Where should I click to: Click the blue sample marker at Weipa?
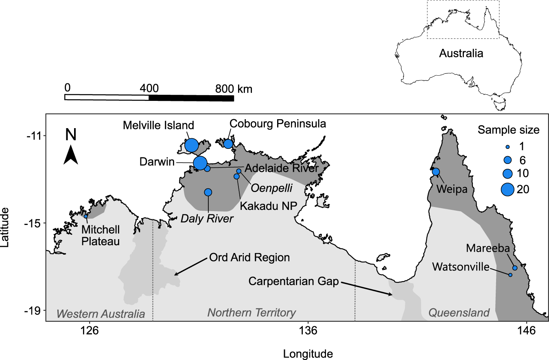coord(436,172)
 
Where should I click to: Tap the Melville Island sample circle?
coord(191,145)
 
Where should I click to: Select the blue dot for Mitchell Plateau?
coord(86,216)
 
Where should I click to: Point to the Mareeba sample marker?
coord(515,268)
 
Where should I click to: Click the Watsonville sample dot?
coord(510,275)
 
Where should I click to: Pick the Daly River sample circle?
coord(208,192)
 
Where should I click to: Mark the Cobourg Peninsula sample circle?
coord(228,144)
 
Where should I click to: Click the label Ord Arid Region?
coord(249,257)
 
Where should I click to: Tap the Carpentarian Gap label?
coord(294,281)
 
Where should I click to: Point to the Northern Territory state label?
coord(252,313)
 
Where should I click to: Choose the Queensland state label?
coord(459,313)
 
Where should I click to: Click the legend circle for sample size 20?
coord(507,189)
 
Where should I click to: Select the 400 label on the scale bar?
coord(149,88)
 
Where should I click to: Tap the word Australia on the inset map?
coord(461,53)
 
